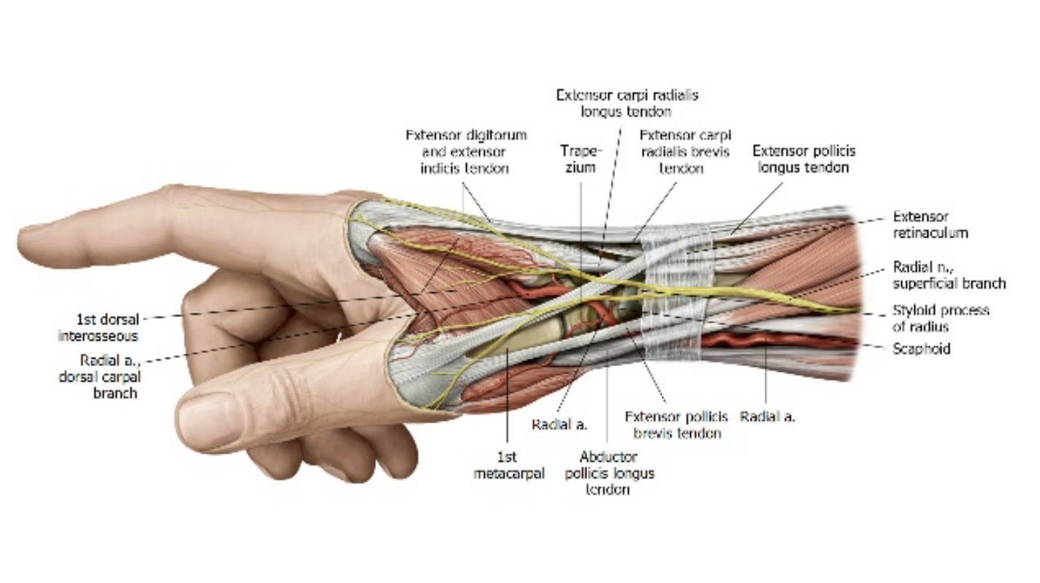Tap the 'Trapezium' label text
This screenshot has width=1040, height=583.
581,159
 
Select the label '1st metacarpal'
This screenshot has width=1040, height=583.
508,465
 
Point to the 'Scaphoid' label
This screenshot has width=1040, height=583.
922,349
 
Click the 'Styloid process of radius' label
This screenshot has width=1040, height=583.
941,318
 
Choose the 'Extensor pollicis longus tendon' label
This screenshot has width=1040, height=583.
803,159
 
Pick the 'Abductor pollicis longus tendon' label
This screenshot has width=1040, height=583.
608,473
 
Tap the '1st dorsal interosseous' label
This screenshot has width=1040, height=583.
98,327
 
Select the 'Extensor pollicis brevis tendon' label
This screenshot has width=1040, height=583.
676,424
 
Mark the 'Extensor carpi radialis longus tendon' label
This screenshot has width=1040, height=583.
627,103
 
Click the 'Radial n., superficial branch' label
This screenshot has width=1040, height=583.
949,275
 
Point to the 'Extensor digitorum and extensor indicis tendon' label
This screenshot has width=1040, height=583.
466,151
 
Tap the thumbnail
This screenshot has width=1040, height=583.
208,421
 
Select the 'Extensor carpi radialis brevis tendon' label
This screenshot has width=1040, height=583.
685,151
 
